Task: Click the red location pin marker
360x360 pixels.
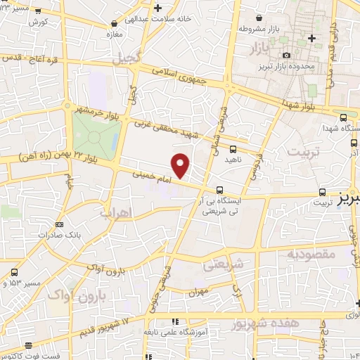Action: (181, 166)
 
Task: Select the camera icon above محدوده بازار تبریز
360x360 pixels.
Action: (286, 55)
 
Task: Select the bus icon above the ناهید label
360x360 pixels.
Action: (233, 147)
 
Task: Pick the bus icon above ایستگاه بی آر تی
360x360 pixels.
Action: (221, 189)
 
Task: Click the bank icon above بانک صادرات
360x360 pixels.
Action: (58, 224)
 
